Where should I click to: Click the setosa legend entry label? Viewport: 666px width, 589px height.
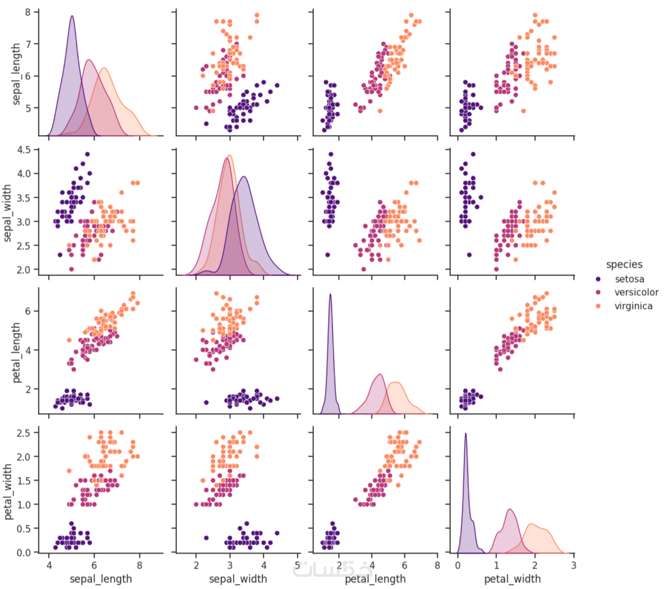point(629,279)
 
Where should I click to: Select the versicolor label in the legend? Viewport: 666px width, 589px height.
point(636,292)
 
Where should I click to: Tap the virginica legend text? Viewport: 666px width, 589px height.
point(633,306)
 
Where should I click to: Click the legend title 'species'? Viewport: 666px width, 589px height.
point(624,265)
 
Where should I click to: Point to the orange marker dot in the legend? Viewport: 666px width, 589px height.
point(598,306)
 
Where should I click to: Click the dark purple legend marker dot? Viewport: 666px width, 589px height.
point(598,279)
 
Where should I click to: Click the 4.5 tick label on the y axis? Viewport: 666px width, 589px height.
point(23,150)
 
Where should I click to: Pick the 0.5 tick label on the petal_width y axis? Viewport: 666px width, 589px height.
point(23,529)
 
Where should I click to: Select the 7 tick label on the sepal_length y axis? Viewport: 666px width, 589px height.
point(28,44)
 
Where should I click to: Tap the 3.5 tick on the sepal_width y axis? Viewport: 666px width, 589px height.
point(23,198)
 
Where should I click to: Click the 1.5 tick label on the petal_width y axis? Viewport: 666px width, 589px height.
point(23,481)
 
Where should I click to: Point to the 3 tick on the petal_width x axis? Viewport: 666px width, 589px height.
point(574,565)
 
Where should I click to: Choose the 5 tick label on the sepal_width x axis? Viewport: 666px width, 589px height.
point(298,565)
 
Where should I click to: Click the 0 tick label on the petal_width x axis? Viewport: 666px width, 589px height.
point(457,565)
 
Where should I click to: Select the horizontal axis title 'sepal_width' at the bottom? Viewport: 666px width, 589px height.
point(238,579)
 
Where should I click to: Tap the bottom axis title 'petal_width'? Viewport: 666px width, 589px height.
point(512,579)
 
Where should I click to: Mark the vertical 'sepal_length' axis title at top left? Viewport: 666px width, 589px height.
point(16,74)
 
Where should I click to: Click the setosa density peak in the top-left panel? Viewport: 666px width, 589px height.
point(72,16)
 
